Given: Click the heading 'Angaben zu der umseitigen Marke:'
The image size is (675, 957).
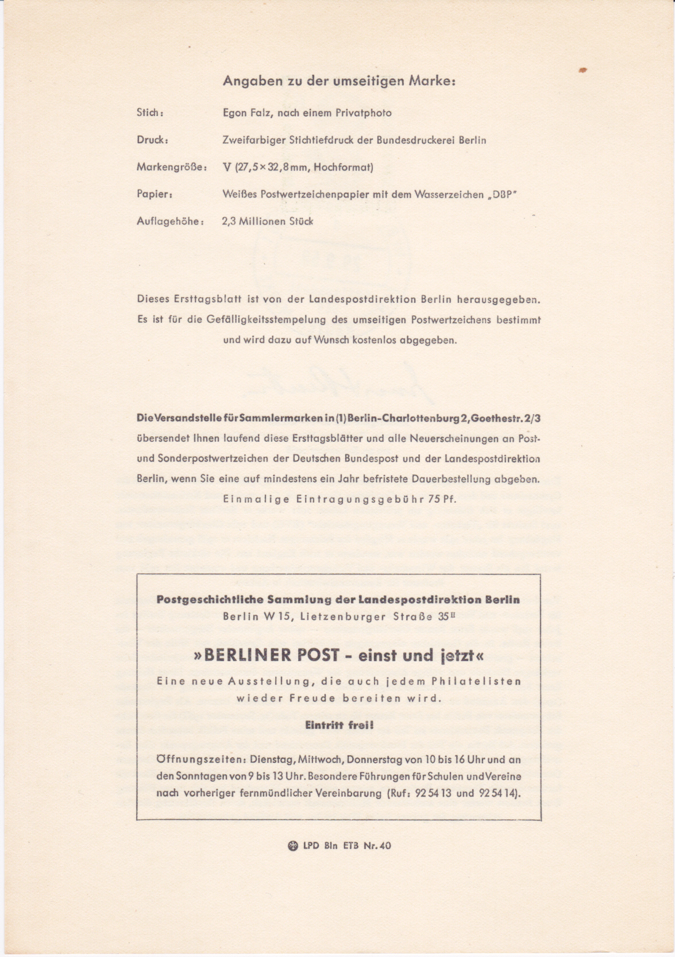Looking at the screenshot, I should point(339,82).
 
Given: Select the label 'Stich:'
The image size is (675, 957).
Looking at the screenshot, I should point(151,113).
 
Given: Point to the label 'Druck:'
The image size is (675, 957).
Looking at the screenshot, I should point(152,140).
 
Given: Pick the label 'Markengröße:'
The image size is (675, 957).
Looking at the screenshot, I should point(171,168).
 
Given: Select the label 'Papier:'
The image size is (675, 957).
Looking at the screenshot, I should point(155,195).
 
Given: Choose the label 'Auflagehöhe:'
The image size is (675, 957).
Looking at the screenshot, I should point(170,222).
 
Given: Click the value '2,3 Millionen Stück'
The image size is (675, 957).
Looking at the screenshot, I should point(268,222).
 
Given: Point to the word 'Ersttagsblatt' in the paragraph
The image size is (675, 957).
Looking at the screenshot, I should point(196,299).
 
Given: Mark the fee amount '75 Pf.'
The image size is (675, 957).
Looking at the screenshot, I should point(442,499).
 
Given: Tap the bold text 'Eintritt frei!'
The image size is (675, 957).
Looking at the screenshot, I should point(338,726).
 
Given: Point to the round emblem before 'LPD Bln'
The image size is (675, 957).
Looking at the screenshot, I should point(292,846).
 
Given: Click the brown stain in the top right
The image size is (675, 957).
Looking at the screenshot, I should point(584,70).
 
